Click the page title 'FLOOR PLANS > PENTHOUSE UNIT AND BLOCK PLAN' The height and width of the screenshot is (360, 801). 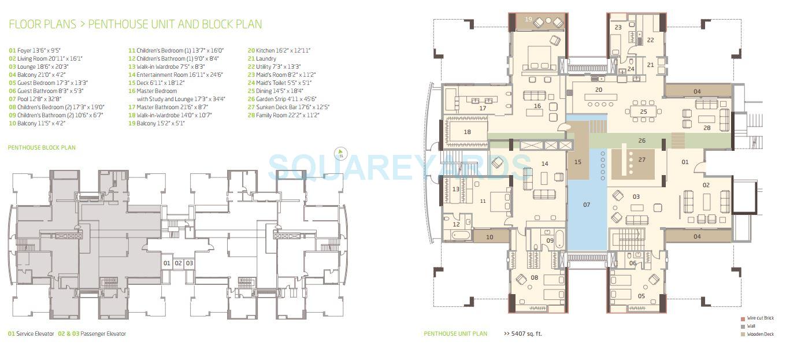(x=135, y=24)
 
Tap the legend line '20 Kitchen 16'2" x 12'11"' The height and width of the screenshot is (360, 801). (x=279, y=50)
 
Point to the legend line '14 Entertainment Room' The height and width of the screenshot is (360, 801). (x=175, y=75)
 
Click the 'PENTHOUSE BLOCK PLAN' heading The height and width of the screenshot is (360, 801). (x=42, y=148)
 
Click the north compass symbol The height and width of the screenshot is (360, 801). (x=341, y=154)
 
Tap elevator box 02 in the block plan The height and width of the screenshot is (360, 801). (x=178, y=263)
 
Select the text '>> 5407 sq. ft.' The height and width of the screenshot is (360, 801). (x=522, y=333)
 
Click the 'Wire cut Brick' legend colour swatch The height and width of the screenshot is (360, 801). (x=743, y=318)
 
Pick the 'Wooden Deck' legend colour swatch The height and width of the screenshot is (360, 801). (x=743, y=334)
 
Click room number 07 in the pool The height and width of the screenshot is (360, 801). (x=587, y=205)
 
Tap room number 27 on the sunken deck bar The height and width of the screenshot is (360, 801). (x=641, y=159)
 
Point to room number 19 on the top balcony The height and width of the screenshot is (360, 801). (x=528, y=19)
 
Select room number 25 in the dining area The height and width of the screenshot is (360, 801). (x=643, y=112)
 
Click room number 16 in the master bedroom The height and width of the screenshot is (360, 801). (x=537, y=106)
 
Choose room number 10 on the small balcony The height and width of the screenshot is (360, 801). (x=489, y=237)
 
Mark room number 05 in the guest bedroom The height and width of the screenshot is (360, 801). (x=641, y=296)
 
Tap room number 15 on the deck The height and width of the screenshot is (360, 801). (x=577, y=162)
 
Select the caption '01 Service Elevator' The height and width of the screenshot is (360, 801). (x=31, y=334)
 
